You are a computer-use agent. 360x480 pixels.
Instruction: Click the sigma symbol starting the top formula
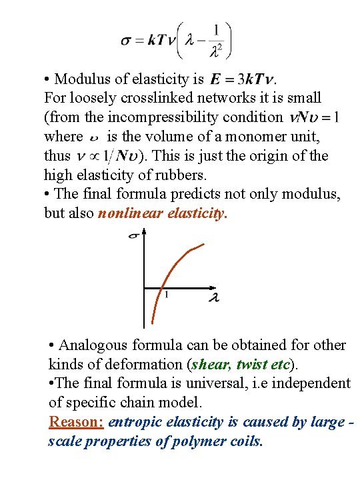pos(125,41)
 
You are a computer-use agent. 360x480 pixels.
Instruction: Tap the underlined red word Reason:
pos(76,422)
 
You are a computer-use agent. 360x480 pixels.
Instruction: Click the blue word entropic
pos(134,422)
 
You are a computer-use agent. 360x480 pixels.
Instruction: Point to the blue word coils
pos(247,441)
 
